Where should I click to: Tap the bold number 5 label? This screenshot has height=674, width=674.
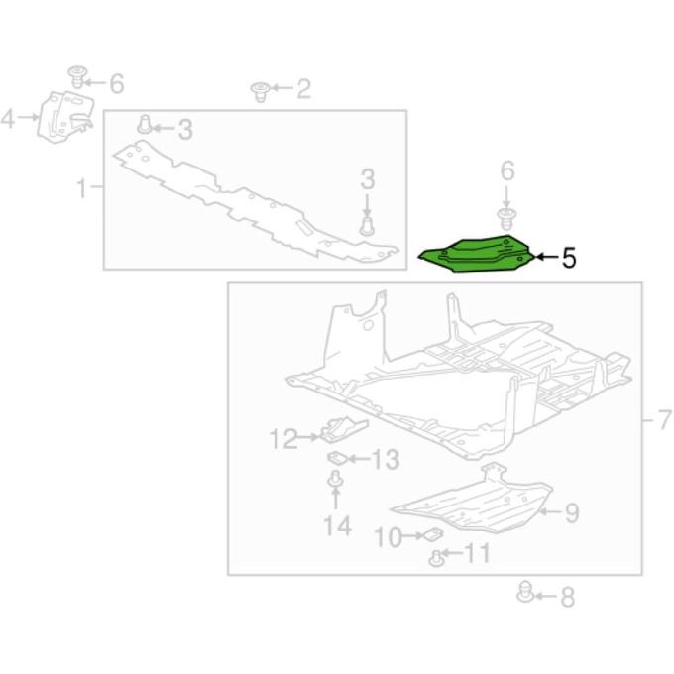click(x=569, y=258)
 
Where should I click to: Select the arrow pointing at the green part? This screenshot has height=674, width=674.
click(x=546, y=257)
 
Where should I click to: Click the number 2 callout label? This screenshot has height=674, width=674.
click(x=303, y=89)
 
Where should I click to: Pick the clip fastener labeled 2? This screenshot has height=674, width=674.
click(x=260, y=92)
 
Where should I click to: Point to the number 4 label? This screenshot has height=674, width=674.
click(x=8, y=118)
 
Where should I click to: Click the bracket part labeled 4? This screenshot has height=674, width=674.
click(x=65, y=117)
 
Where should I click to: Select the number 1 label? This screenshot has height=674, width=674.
click(x=81, y=188)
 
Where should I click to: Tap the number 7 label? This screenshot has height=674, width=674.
click(x=665, y=419)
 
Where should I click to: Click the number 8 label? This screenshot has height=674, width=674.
click(x=567, y=597)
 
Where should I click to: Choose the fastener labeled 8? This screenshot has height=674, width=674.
click(x=525, y=591)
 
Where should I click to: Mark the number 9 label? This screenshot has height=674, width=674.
click(x=572, y=512)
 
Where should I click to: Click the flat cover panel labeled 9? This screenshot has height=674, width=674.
click(x=472, y=499)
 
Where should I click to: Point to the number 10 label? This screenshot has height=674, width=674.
click(x=389, y=537)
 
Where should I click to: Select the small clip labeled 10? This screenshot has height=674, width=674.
click(x=433, y=535)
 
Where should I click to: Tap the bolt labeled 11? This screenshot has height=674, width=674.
click(x=436, y=559)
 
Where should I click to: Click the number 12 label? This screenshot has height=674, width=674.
click(x=283, y=438)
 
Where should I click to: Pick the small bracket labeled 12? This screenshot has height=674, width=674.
click(x=344, y=430)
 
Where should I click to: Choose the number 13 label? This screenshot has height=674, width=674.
click(x=386, y=459)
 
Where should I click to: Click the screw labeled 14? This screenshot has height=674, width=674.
click(x=335, y=480)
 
